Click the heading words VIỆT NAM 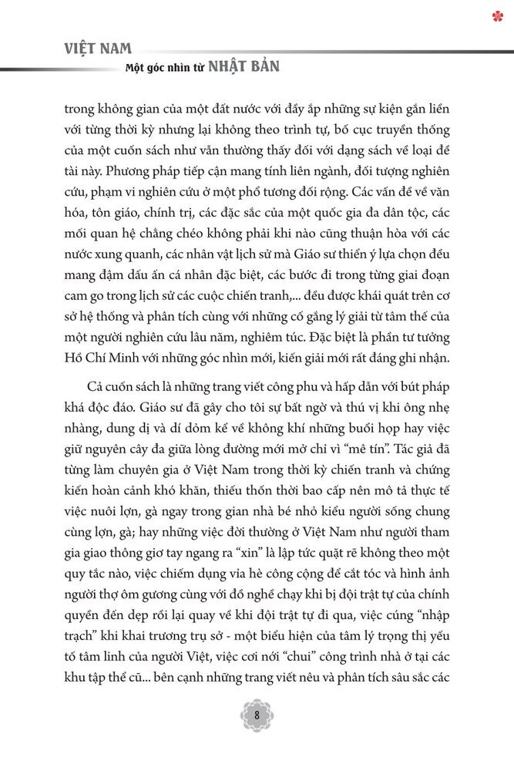[98, 49]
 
